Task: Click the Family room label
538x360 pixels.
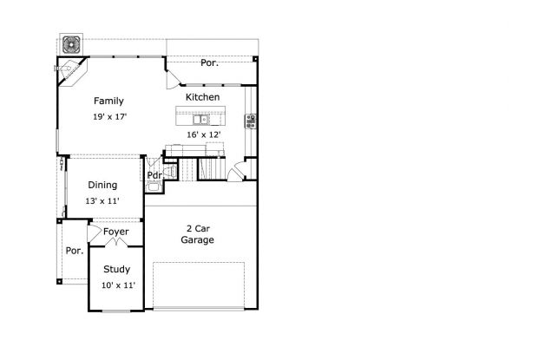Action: click(108, 101)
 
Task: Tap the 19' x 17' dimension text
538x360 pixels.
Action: click(110, 116)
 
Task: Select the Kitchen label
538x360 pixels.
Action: click(202, 97)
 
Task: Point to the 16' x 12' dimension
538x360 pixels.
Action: click(203, 134)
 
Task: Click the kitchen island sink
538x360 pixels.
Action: click(200, 120)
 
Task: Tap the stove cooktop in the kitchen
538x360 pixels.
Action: click(251, 121)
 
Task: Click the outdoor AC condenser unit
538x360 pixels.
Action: click(71, 44)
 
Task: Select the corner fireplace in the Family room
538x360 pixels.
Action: click(71, 72)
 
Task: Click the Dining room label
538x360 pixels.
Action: click(102, 185)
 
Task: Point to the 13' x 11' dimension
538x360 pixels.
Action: click(102, 201)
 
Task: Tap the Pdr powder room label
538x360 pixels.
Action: click(154, 175)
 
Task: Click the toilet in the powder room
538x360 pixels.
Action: click(171, 171)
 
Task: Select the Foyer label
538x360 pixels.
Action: click(116, 232)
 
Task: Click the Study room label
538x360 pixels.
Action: click(116, 270)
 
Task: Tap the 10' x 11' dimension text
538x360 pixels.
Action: click(118, 285)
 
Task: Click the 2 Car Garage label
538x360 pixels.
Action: click(197, 234)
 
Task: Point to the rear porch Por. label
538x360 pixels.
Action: click(209, 62)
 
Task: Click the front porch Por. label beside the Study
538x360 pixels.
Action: click(75, 251)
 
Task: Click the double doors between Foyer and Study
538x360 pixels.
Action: click(116, 242)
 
